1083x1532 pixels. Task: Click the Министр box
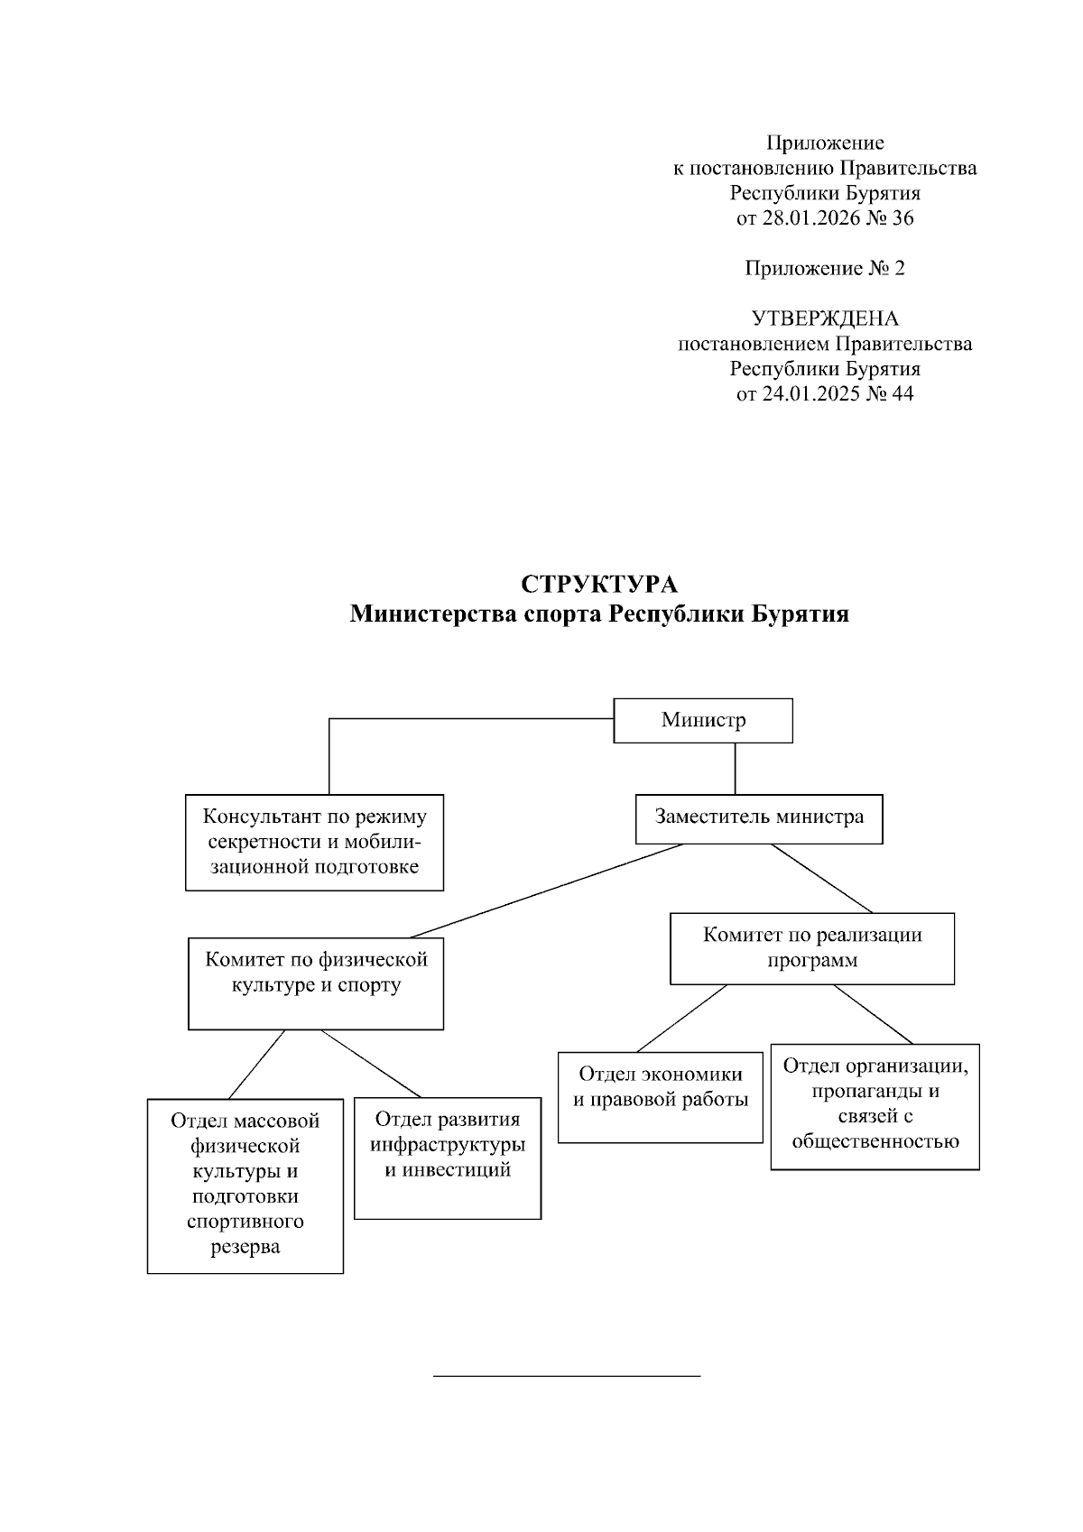click(703, 720)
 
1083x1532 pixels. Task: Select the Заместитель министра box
click(758, 817)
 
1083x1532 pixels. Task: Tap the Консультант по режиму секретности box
click(314, 842)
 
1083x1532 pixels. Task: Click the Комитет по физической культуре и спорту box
click(315, 983)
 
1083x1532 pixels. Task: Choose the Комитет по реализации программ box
click(811, 947)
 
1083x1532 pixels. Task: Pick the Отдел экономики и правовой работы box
click(660, 1096)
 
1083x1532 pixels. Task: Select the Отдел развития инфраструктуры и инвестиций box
click(448, 1158)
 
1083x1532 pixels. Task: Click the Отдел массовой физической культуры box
click(245, 1185)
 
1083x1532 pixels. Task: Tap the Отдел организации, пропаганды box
click(875, 1106)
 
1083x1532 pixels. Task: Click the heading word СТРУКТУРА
click(599, 585)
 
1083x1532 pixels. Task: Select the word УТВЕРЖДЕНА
click(825, 318)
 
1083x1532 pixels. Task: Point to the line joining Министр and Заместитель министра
click(735, 768)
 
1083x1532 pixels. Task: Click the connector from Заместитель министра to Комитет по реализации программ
click(821, 878)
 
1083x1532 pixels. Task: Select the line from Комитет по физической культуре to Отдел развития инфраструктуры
click(371, 1063)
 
